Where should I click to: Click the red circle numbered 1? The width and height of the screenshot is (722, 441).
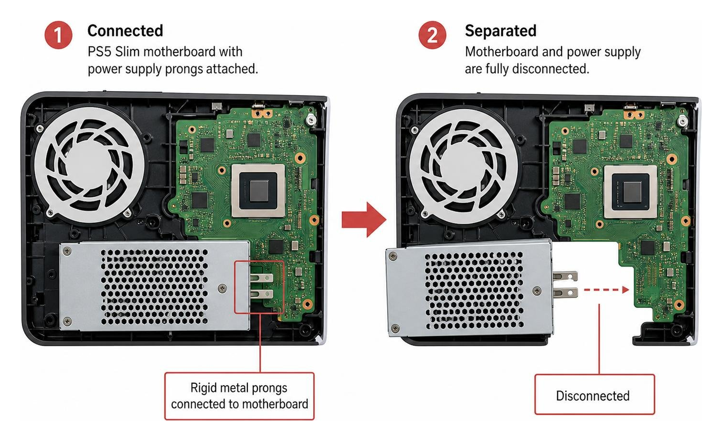pyautogui.click(x=58, y=35)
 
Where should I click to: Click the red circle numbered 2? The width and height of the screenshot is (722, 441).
pyautogui.click(x=432, y=35)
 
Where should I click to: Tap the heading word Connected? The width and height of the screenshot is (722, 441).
pyautogui.click(x=125, y=31)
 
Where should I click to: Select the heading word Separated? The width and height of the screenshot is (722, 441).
pyautogui.click(x=501, y=31)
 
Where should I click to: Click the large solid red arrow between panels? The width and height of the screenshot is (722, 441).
pyautogui.click(x=364, y=220)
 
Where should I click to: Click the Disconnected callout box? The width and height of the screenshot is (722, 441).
pyautogui.click(x=595, y=394)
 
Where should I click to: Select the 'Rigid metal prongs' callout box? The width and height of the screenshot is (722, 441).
pyautogui.click(x=239, y=396)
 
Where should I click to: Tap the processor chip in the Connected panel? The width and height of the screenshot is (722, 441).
pyautogui.click(x=258, y=190)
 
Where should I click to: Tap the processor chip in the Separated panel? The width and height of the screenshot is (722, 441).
pyautogui.click(x=630, y=192)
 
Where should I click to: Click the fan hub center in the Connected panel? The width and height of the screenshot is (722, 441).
pyautogui.click(x=91, y=165)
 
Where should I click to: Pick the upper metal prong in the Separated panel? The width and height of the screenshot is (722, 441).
pyautogui.click(x=565, y=277)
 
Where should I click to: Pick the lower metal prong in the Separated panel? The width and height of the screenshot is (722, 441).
pyautogui.click(x=565, y=292)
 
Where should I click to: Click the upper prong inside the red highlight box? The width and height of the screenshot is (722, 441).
pyautogui.click(x=261, y=277)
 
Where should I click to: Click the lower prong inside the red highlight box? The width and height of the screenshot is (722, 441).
pyautogui.click(x=261, y=293)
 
